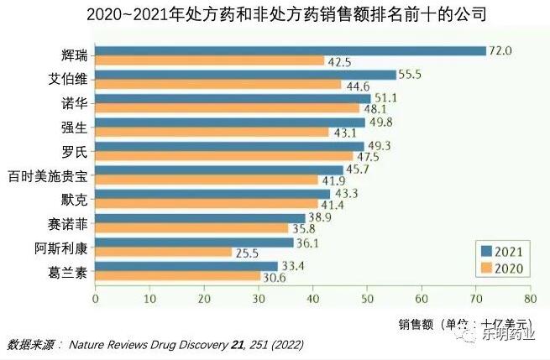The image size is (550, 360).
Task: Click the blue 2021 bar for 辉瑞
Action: (290, 50)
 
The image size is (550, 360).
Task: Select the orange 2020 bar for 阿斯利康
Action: (164, 252)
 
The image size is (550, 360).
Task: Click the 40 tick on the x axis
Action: (312, 298)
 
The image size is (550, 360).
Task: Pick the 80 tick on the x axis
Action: (529, 298)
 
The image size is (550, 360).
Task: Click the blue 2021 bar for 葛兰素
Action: (186, 266)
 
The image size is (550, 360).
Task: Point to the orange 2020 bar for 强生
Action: (212, 132)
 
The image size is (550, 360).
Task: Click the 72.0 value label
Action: (501, 50)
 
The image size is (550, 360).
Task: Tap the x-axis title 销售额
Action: (417, 323)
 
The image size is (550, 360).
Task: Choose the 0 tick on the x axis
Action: (95, 298)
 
